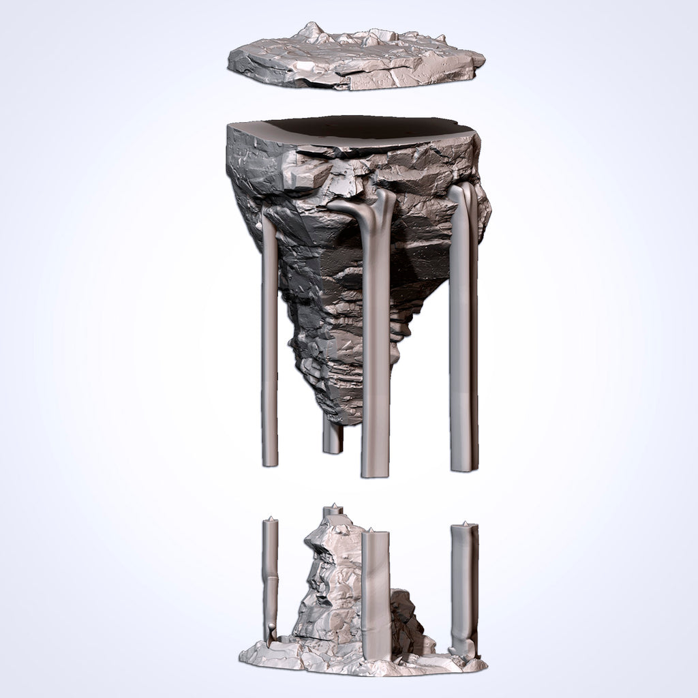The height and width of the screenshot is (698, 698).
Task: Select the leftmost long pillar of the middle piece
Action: [269, 341]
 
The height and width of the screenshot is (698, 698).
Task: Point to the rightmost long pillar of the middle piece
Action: [461, 327]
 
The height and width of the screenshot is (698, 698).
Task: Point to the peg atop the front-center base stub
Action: [371, 529]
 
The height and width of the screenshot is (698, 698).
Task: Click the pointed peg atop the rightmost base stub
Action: [465, 523]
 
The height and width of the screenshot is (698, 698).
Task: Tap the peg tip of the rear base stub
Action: [333, 505]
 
